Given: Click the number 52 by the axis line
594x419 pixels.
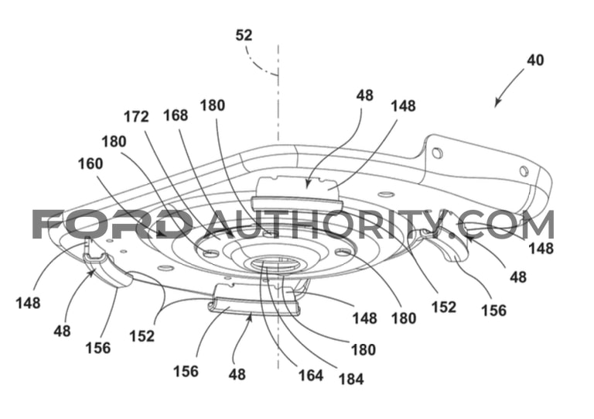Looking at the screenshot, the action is tap(244, 36).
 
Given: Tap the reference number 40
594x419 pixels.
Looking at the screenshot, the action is tap(535, 60).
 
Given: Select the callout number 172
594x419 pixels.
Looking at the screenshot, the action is tap(136, 117).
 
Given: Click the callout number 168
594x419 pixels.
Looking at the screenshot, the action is tap(176, 115).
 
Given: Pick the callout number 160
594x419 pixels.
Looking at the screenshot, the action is tap(90, 164).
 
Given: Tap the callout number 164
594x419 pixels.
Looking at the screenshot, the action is tap(311, 376).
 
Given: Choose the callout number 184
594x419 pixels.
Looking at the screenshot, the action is tap(351, 379).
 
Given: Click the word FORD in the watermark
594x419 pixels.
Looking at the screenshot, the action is tap(112, 224).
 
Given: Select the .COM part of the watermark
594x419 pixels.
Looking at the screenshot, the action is tap(506, 224).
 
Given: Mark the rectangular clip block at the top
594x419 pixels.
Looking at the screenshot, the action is tap(296, 192).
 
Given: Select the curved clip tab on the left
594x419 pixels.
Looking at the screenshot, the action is tap(108, 270).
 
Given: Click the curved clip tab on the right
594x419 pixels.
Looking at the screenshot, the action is tap(448, 247).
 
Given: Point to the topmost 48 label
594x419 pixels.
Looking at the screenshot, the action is tap(364, 95).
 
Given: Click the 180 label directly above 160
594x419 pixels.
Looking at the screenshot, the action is tap(114, 142).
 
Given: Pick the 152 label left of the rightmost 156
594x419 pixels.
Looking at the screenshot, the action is tap(444, 307).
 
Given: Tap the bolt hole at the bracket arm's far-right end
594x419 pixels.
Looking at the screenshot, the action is tap(523, 171).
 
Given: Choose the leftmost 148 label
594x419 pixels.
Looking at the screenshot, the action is tap(28, 303).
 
